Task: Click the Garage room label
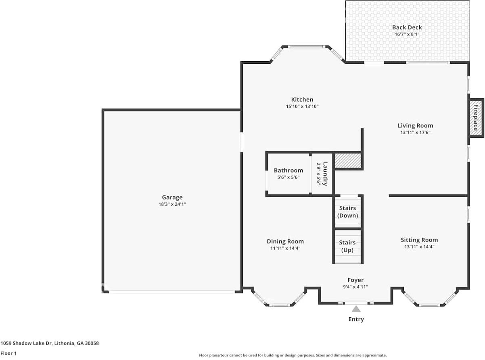pos(172,197)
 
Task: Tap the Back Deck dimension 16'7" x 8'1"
pos(407,34)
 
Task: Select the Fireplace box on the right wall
pos(476,118)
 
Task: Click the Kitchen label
pos(302,100)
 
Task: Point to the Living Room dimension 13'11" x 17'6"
pos(415,132)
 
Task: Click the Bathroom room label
pos(288,171)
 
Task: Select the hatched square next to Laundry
pos(348,160)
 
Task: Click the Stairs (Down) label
pos(347,212)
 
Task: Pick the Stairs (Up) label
pos(347,246)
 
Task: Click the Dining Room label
pos(285,241)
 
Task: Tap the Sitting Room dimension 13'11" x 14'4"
pos(419,247)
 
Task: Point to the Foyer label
pos(355,280)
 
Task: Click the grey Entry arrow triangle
pos(356,309)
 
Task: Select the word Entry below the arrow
pos(356,319)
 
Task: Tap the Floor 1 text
pos(8,353)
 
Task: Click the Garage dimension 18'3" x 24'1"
pos(172,204)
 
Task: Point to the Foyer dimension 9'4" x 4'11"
pos(355,287)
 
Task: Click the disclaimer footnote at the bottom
pos(293,355)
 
